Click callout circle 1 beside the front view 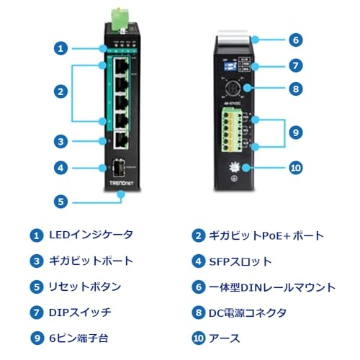61,48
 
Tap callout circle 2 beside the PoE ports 61,91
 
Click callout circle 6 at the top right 295,40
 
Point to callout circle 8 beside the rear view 295,90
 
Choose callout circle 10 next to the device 295,168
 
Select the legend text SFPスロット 241,261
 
